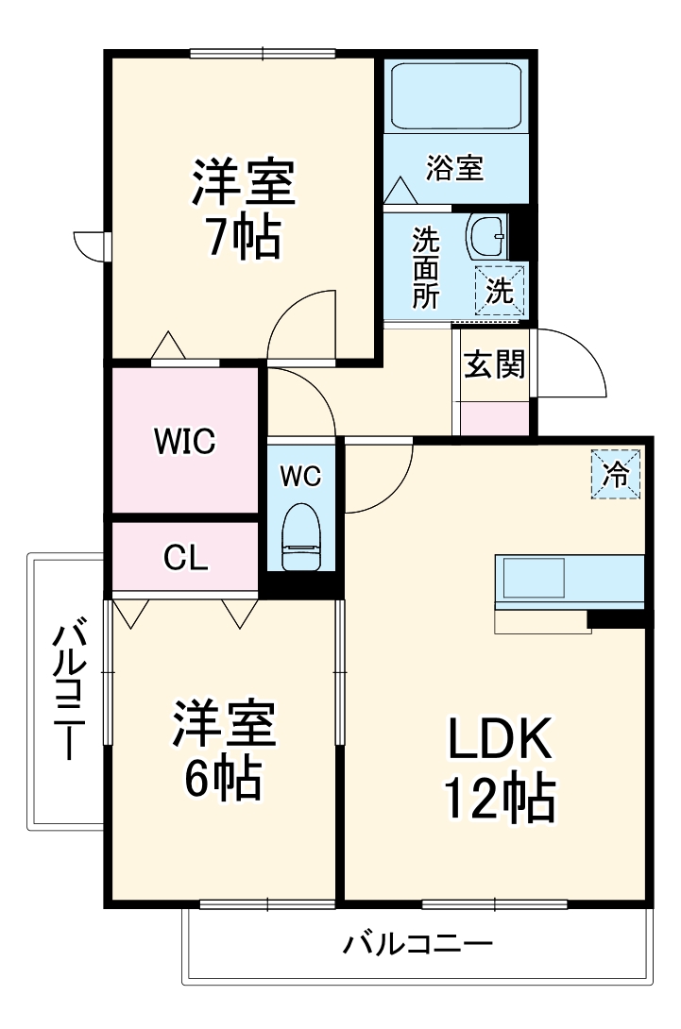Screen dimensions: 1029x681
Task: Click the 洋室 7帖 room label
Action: tap(244, 210)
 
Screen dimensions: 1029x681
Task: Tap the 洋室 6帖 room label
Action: tap(223, 751)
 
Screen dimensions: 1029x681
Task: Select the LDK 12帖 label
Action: tap(500, 770)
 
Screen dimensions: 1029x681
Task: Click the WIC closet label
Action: tap(185, 440)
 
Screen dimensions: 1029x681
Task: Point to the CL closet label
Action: tap(185, 559)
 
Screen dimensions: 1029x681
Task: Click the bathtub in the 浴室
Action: tap(455, 96)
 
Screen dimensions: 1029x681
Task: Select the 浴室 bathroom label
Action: tap(455, 169)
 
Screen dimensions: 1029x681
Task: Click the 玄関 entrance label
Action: tap(494, 363)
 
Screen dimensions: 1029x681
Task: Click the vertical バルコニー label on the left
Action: tap(68, 690)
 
